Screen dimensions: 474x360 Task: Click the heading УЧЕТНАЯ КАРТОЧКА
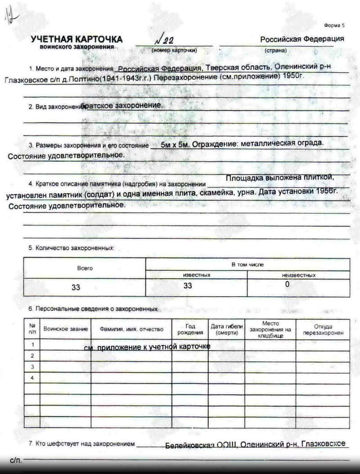pos(76,40)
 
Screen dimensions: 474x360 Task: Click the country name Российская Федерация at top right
pos(302,39)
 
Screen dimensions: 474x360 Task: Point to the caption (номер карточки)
pos(174,50)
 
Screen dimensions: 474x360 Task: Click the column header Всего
pos(85,268)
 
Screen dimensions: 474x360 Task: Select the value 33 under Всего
pos(76,287)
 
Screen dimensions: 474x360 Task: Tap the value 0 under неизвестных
pos(287,284)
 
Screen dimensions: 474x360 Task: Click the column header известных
pos(196,275)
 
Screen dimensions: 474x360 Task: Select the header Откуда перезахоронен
pos(323,330)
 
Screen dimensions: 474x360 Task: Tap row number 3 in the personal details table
pos(32,367)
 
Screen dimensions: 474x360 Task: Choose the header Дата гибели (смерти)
pos(226,330)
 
